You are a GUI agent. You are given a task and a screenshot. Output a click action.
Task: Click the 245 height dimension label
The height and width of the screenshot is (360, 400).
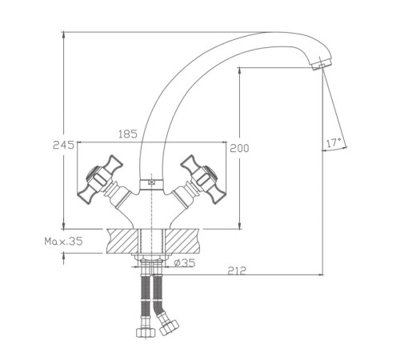tap(63, 146)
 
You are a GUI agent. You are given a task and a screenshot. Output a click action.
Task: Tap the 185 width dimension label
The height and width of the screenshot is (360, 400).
tap(128, 134)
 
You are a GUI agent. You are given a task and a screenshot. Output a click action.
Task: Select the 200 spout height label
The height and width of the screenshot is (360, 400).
tap(239, 148)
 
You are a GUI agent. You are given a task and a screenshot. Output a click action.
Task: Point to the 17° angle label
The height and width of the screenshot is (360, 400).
tap(334, 142)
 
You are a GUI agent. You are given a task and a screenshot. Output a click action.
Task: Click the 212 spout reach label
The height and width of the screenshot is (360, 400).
tap(238, 270)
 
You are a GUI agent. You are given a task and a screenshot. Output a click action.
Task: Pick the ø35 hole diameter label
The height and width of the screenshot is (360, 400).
tap(185, 262)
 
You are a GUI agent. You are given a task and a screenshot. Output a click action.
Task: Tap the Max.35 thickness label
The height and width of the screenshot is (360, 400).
tap(64, 242)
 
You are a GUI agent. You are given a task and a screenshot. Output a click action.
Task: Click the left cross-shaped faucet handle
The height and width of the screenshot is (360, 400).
tap(100, 179)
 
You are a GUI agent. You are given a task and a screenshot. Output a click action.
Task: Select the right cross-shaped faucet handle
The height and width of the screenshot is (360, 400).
tap(203, 179)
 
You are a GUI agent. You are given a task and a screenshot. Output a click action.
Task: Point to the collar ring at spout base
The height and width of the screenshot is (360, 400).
tap(151, 184)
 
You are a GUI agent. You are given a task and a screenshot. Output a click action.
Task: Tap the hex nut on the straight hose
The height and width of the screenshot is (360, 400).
tap(146, 332)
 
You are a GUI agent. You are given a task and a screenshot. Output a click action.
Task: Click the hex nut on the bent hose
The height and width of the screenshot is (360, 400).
tap(169, 327)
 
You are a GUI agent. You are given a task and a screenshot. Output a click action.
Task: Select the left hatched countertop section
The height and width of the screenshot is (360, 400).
tap(123, 241)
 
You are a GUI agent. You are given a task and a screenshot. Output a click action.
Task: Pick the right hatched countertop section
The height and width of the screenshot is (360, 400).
tap(182, 241)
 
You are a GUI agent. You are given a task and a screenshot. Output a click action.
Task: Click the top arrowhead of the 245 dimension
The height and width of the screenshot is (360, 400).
tap(63, 35)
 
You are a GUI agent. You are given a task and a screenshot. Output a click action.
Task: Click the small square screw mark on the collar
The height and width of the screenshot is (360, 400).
tap(151, 182)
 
